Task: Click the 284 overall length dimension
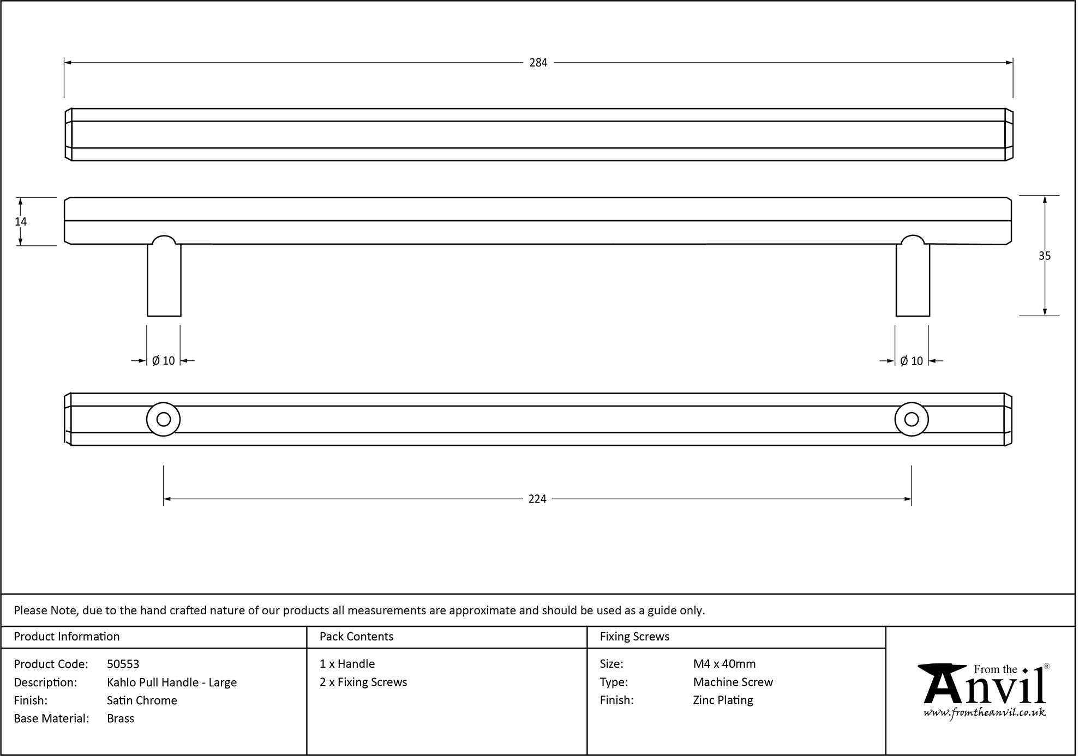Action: pos(538,63)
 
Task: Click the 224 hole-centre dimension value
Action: pos(537,499)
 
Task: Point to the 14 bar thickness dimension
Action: pos(21,221)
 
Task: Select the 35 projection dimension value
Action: pos(1044,256)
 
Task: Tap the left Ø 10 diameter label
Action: pos(164,361)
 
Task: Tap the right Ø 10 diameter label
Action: pos(912,361)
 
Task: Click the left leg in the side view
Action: pos(164,280)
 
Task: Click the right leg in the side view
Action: pos(913,280)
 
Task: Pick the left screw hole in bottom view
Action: pos(164,419)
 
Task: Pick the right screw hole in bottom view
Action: pos(912,419)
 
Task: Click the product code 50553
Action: pos(123,664)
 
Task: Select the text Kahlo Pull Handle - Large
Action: pos(172,682)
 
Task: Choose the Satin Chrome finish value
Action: pos(142,700)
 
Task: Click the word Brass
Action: pos(121,718)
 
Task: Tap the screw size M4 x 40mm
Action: pos(724,664)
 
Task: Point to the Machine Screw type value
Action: pos(733,682)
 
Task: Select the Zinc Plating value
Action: pos(723,700)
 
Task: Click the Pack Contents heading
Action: pos(356,637)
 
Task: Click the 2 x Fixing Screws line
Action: pos(363,682)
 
